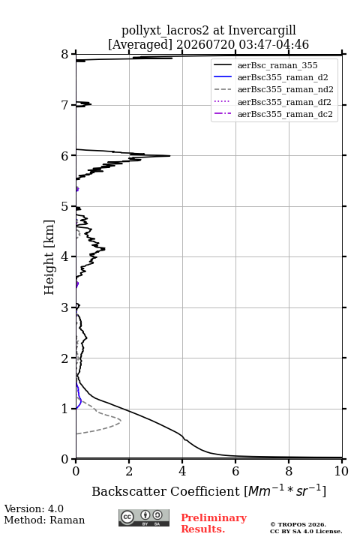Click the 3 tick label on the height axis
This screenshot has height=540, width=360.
[64, 307]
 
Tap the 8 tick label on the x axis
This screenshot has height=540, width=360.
[289, 471]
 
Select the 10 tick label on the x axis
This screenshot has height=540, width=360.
[341, 471]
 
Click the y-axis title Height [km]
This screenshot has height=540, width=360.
[49, 257]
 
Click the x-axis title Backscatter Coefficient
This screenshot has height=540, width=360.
[165, 491]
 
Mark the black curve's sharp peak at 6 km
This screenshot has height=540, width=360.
[169, 156]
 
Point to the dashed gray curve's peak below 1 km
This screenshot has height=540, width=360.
[121, 421]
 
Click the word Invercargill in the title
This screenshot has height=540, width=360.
[262, 31]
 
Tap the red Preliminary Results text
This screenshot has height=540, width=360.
[214, 523]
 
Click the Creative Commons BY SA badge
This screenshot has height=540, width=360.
[144, 517]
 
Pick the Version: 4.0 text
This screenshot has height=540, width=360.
[34, 508]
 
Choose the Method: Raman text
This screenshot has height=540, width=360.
[44, 520]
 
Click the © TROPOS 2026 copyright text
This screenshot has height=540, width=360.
[298, 524]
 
